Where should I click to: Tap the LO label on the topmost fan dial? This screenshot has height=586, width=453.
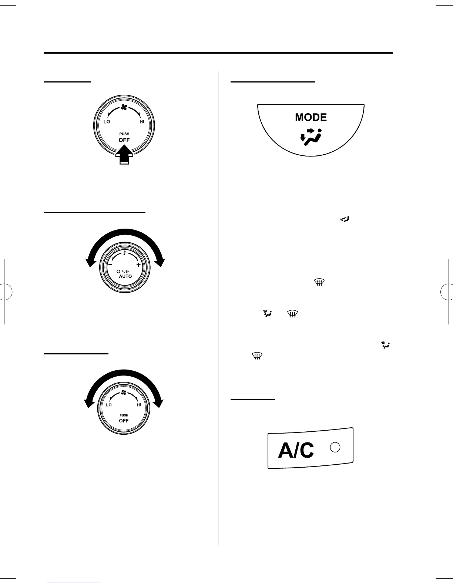[x=107, y=122]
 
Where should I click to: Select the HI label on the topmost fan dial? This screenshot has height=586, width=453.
[x=142, y=122]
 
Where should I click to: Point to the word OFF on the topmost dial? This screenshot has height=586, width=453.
[x=124, y=140]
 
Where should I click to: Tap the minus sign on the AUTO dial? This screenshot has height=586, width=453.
[x=110, y=265]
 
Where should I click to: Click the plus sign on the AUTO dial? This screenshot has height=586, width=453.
[x=138, y=265]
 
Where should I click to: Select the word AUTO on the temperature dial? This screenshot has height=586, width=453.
[x=125, y=276]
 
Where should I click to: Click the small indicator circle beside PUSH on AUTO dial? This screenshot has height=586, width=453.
[x=118, y=272]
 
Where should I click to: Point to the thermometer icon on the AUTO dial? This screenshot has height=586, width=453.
[x=125, y=253]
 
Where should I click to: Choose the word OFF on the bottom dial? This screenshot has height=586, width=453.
[x=124, y=421]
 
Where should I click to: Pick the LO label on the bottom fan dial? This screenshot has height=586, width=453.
[x=109, y=405]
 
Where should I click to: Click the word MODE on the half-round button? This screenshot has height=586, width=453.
[x=311, y=117]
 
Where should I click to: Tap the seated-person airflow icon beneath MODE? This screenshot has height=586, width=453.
[x=311, y=137]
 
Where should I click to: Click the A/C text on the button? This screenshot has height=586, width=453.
[x=296, y=451]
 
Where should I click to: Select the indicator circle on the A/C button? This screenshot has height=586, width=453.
[x=335, y=447]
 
